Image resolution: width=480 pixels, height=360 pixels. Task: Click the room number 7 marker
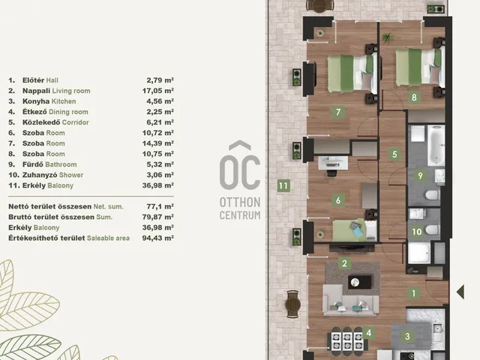point(338,112)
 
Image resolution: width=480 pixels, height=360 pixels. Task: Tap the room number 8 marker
point(414,97)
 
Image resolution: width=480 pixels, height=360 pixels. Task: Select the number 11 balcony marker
point(283,186)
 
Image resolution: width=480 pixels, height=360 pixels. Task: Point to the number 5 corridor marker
point(394,154)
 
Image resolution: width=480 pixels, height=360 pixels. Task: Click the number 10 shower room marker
point(417,232)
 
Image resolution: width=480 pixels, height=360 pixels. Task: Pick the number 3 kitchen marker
point(407,336)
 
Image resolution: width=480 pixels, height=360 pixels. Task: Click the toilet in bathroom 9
point(433,195)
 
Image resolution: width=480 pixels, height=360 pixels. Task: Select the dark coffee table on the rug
point(360,282)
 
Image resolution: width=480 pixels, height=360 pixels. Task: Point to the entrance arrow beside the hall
point(460,292)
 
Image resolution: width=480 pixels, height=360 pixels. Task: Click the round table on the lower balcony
point(292,304)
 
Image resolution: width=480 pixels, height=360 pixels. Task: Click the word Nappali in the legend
point(37,91)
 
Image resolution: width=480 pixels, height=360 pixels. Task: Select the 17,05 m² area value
point(158,91)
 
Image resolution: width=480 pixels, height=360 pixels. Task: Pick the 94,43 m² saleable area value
point(158,238)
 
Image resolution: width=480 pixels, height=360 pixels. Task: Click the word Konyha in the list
point(36,101)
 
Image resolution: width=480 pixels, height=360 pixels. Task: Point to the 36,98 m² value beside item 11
point(158,185)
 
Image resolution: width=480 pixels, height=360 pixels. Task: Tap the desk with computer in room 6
point(333,163)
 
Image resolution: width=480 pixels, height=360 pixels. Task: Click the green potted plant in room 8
point(388,37)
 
